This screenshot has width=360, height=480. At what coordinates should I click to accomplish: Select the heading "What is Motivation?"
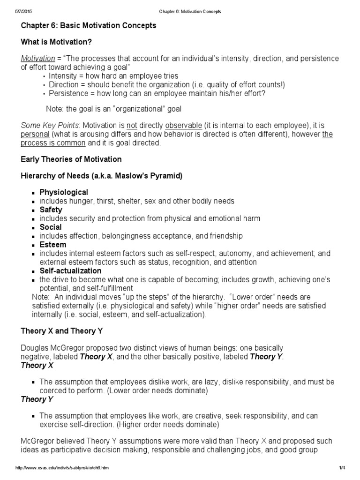56,42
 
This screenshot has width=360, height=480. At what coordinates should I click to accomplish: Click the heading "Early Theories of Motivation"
71,159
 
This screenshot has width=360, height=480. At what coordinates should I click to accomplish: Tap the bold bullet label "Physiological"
64,192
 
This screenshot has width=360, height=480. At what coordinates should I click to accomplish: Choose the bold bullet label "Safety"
51,210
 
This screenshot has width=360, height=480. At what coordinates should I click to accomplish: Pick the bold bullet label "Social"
51,227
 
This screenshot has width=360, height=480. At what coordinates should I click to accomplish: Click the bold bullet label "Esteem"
53,244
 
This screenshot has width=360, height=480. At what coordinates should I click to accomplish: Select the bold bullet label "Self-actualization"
70,270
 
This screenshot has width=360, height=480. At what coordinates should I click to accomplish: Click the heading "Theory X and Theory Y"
62,330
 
